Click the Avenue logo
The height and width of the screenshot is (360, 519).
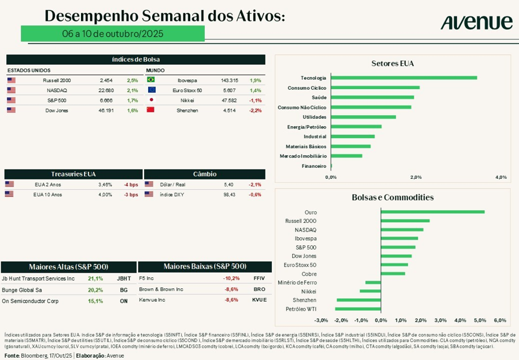(476, 23)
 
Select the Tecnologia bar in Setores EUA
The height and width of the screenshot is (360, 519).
(403, 78)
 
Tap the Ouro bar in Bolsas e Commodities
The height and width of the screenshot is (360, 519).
(432, 212)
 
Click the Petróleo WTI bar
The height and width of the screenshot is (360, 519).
(358, 308)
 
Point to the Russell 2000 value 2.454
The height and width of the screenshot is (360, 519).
(106, 80)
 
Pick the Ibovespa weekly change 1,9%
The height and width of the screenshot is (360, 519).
(255, 80)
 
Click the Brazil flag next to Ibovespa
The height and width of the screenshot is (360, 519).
(151, 80)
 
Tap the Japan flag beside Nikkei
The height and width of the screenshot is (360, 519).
(151, 100)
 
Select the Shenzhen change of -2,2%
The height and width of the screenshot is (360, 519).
(255, 110)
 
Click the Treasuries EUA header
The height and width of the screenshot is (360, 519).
(73, 174)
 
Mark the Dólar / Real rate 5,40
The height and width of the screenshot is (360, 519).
(229, 185)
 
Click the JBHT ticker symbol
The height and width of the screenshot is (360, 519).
(124, 278)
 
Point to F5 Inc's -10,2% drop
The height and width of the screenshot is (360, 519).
(231, 278)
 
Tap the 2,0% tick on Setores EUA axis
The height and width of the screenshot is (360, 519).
(415, 177)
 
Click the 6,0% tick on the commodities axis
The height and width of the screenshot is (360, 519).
(500, 320)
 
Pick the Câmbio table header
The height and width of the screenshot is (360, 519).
(204, 174)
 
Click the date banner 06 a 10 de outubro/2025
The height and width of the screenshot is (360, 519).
(113, 34)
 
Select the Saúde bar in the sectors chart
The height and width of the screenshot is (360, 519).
(372, 97)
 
